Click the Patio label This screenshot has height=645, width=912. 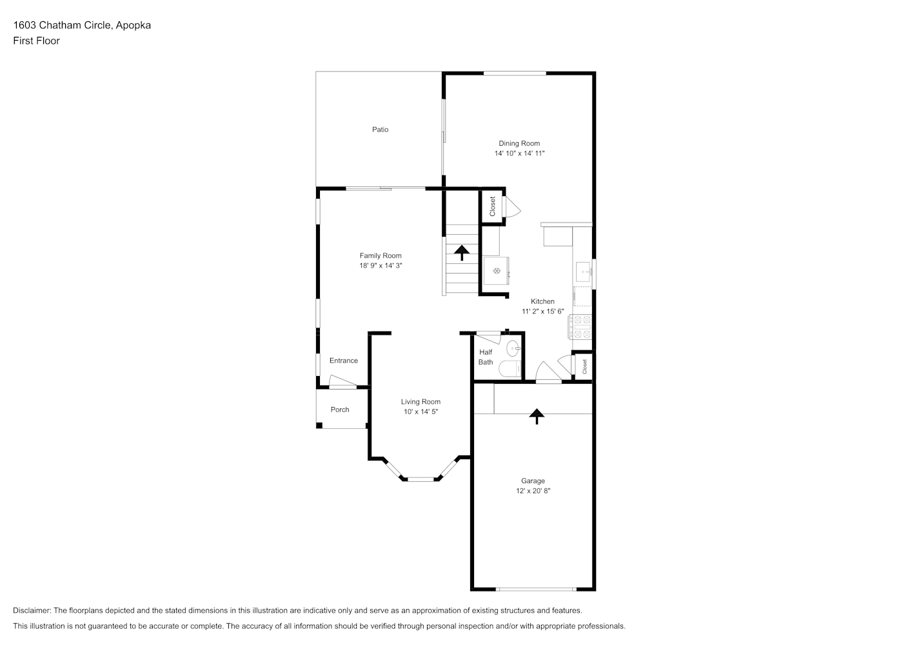(381, 130)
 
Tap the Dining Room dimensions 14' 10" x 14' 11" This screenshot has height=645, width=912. (519, 154)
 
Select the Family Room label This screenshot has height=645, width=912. (381, 255)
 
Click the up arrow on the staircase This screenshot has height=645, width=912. (462, 252)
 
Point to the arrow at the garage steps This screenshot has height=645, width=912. (537, 416)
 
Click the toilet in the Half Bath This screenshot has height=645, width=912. (510, 368)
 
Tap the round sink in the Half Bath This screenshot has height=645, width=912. (513, 348)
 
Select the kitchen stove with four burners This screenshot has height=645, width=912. (580, 326)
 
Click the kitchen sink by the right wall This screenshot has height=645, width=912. (583, 272)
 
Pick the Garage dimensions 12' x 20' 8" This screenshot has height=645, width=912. (533, 491)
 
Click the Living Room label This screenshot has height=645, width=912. (421, 402)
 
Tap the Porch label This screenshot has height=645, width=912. (340, 410)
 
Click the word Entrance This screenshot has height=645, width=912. (344, 361)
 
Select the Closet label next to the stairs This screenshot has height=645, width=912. (492, 206)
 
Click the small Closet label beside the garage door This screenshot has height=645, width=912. (584, 366)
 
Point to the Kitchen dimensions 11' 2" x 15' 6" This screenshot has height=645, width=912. (542, 312)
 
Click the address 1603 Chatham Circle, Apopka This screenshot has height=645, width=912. (82, 25)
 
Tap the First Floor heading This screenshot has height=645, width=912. (36, 41)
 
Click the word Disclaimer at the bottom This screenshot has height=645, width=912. (32, 610)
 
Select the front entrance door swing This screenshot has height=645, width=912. (342, 382)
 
